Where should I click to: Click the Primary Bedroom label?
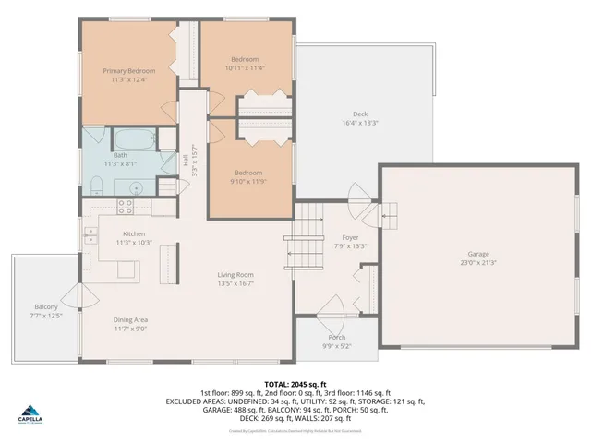128,70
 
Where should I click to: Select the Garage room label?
477,254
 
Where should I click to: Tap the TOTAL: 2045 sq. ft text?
295,383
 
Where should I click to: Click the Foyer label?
352,236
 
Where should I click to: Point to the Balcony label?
46,306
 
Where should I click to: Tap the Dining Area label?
131,319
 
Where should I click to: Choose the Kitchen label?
134,234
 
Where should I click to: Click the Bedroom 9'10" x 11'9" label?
247,173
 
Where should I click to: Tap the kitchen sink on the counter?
90,234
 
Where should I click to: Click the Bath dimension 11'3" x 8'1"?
120,164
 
